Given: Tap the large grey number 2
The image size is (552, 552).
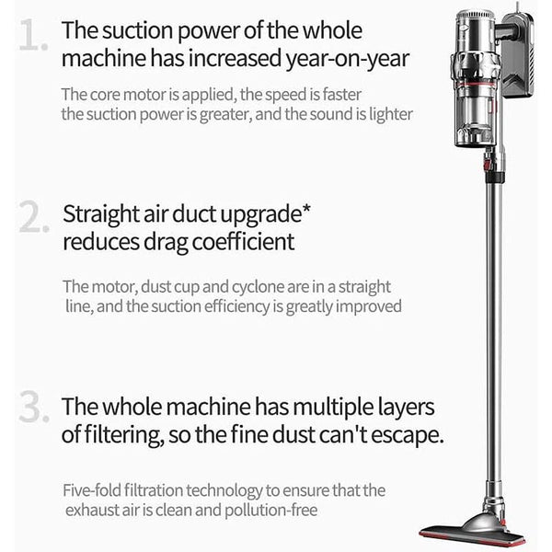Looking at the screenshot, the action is [x=34, y=216].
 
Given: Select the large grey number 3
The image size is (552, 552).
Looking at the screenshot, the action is [x=34, y=406].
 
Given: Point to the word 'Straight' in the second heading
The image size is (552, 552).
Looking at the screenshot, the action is [x=101, y=214].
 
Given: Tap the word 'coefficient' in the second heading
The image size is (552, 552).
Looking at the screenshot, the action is [x=243, y=241].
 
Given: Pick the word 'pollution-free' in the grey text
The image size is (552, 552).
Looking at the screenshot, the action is [x=271, y=511].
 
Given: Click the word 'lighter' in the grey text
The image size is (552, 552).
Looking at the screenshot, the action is [x=391, y=114].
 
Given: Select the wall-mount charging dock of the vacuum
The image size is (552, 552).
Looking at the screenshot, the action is [x=517, y=53].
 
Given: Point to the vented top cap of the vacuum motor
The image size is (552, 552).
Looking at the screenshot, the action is [x=476, y=16].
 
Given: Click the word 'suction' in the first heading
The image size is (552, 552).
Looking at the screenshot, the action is [x=136, y=30].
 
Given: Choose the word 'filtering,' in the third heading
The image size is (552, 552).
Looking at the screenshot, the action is [x=123, y=436].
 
